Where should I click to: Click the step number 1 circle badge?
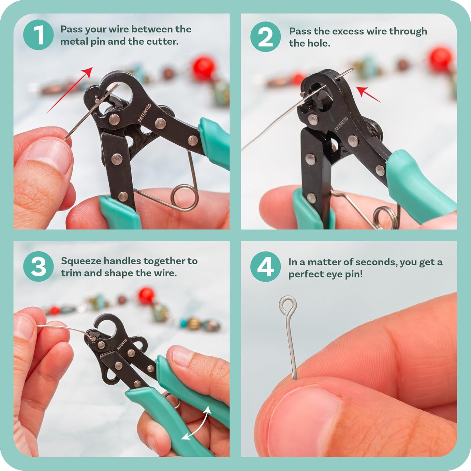pos(38,35)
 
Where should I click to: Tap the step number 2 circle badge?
pos(265,37)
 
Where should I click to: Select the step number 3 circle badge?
pos(38,266)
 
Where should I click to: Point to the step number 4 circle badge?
pos(265,266)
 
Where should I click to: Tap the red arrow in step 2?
pos(368,95)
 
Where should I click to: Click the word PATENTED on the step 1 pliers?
pos(144,113)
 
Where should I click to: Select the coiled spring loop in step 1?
pos(184,197)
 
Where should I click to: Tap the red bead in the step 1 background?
pos(203,68)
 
